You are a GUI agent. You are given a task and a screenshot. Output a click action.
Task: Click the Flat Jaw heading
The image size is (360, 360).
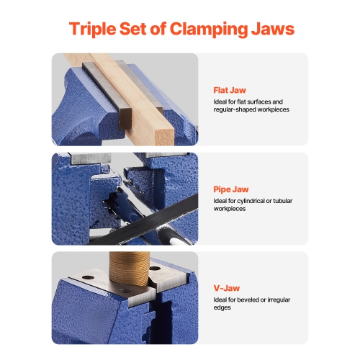[x=230, y=91]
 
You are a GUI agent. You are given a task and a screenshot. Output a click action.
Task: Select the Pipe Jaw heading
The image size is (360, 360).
[x=231, y=189]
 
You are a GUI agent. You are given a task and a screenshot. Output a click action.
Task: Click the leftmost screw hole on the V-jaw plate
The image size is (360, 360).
[x=89, y=276]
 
